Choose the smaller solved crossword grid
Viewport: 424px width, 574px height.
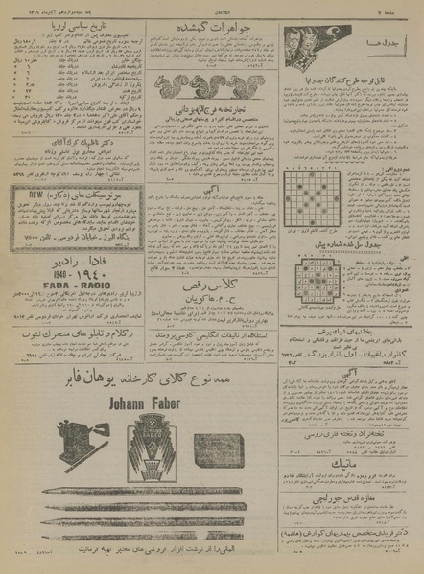click(313, 293)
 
